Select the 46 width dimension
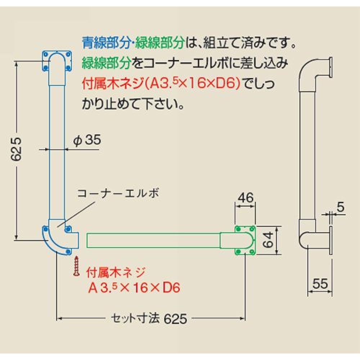246,198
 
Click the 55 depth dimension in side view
320,284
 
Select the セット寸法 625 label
149,318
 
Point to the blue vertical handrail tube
57,151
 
